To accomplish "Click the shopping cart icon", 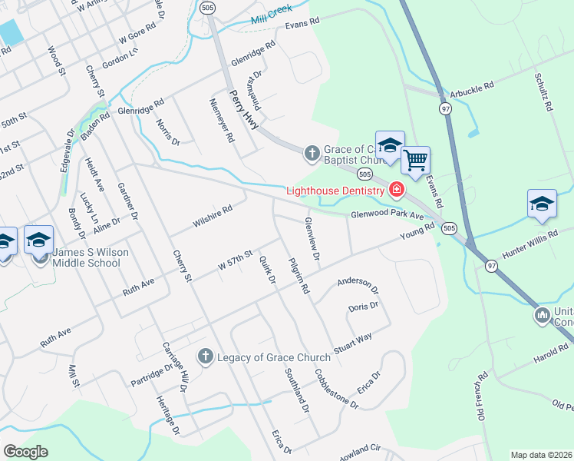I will [x=415, y=161].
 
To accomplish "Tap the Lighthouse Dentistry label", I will [x=335, y=191].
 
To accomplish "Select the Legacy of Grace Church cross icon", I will [x=205, y=357].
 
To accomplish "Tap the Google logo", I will [x=25, y=452].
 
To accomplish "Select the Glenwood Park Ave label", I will [x=388, y=216].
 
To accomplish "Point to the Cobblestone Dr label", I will [x=336, y=388].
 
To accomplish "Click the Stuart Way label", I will [x=352, y=341].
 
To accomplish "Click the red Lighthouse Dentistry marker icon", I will [x=397, y=189].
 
